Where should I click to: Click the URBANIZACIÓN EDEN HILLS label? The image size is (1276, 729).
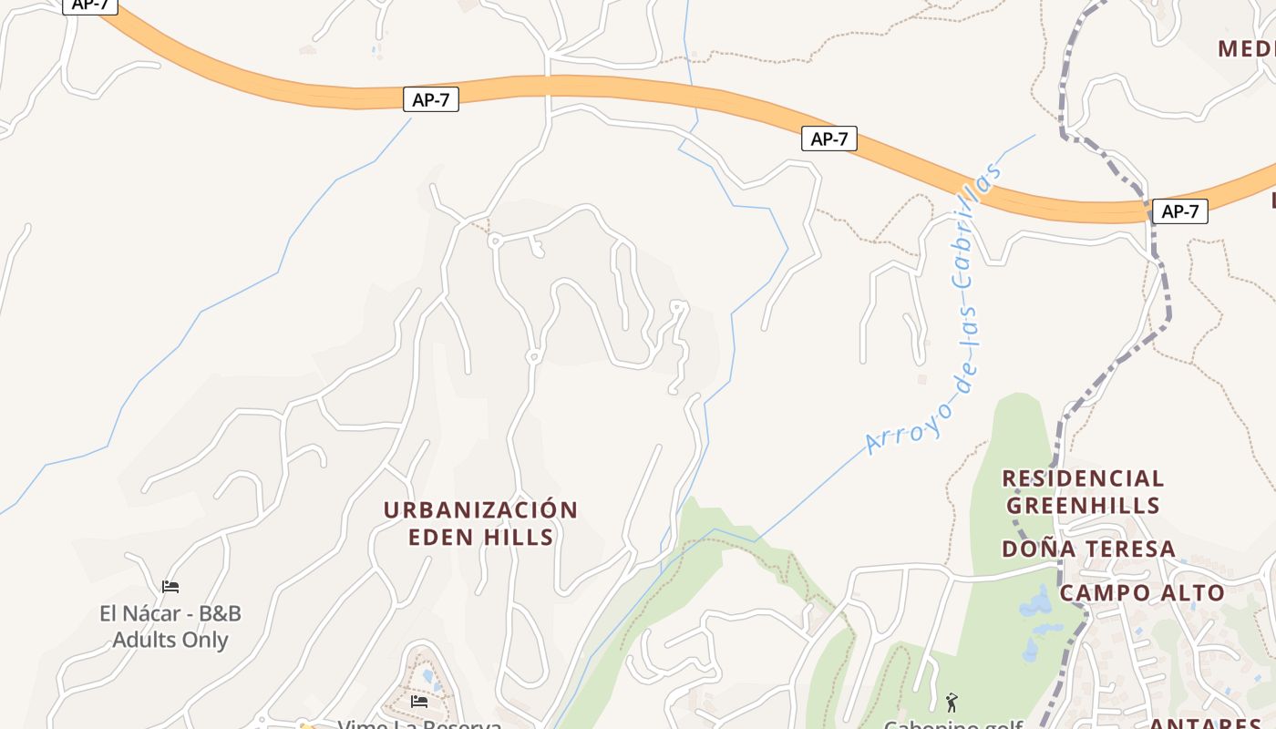[x=480, y=523]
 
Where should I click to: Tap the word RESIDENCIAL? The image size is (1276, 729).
[x=1083, y=479]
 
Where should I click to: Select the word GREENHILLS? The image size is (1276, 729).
[x=1083, y=506]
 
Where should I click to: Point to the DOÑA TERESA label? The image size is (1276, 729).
[x=1088, y=549]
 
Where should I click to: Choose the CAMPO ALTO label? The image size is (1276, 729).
[x=1141, y=593]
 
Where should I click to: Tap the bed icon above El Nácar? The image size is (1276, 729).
[x=170, y=586]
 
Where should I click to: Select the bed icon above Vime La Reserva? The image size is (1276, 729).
[x=419, y=701]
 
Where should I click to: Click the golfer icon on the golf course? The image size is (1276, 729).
[x=952, y=702]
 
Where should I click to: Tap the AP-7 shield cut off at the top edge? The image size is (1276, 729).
[x=90, y=5]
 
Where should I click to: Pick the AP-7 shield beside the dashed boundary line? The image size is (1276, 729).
[x=1179, y=211]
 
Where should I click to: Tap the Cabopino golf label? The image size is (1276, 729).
[x=952, y=724]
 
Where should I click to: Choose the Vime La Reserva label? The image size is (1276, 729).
[x=419, y=724]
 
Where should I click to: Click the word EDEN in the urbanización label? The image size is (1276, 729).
[x=440, y=537]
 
